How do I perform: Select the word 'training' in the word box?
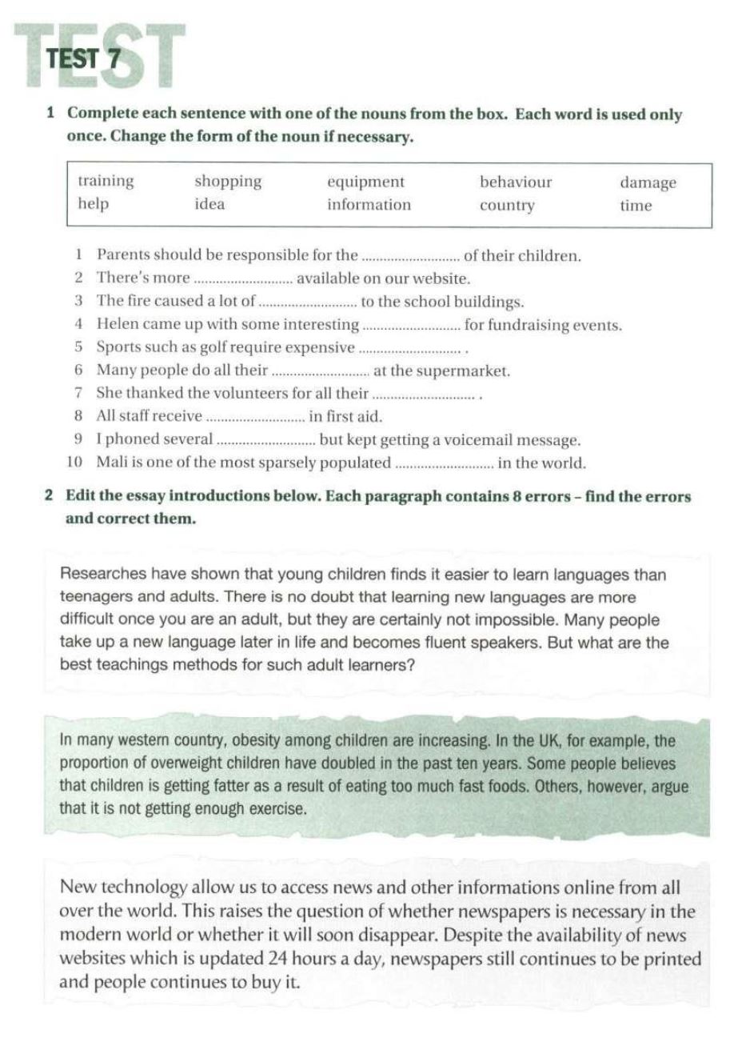tap(106, 181)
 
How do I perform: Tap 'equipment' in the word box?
tap(365, 182)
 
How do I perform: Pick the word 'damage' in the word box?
tap(648, 182)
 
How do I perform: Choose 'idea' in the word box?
tap(209, 204)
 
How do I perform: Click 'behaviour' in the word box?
tap(516, 182)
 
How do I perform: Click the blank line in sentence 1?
tap(411, 258)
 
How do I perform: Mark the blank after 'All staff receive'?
tap(256, 418)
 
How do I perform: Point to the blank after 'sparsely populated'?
tap(445, 464)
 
